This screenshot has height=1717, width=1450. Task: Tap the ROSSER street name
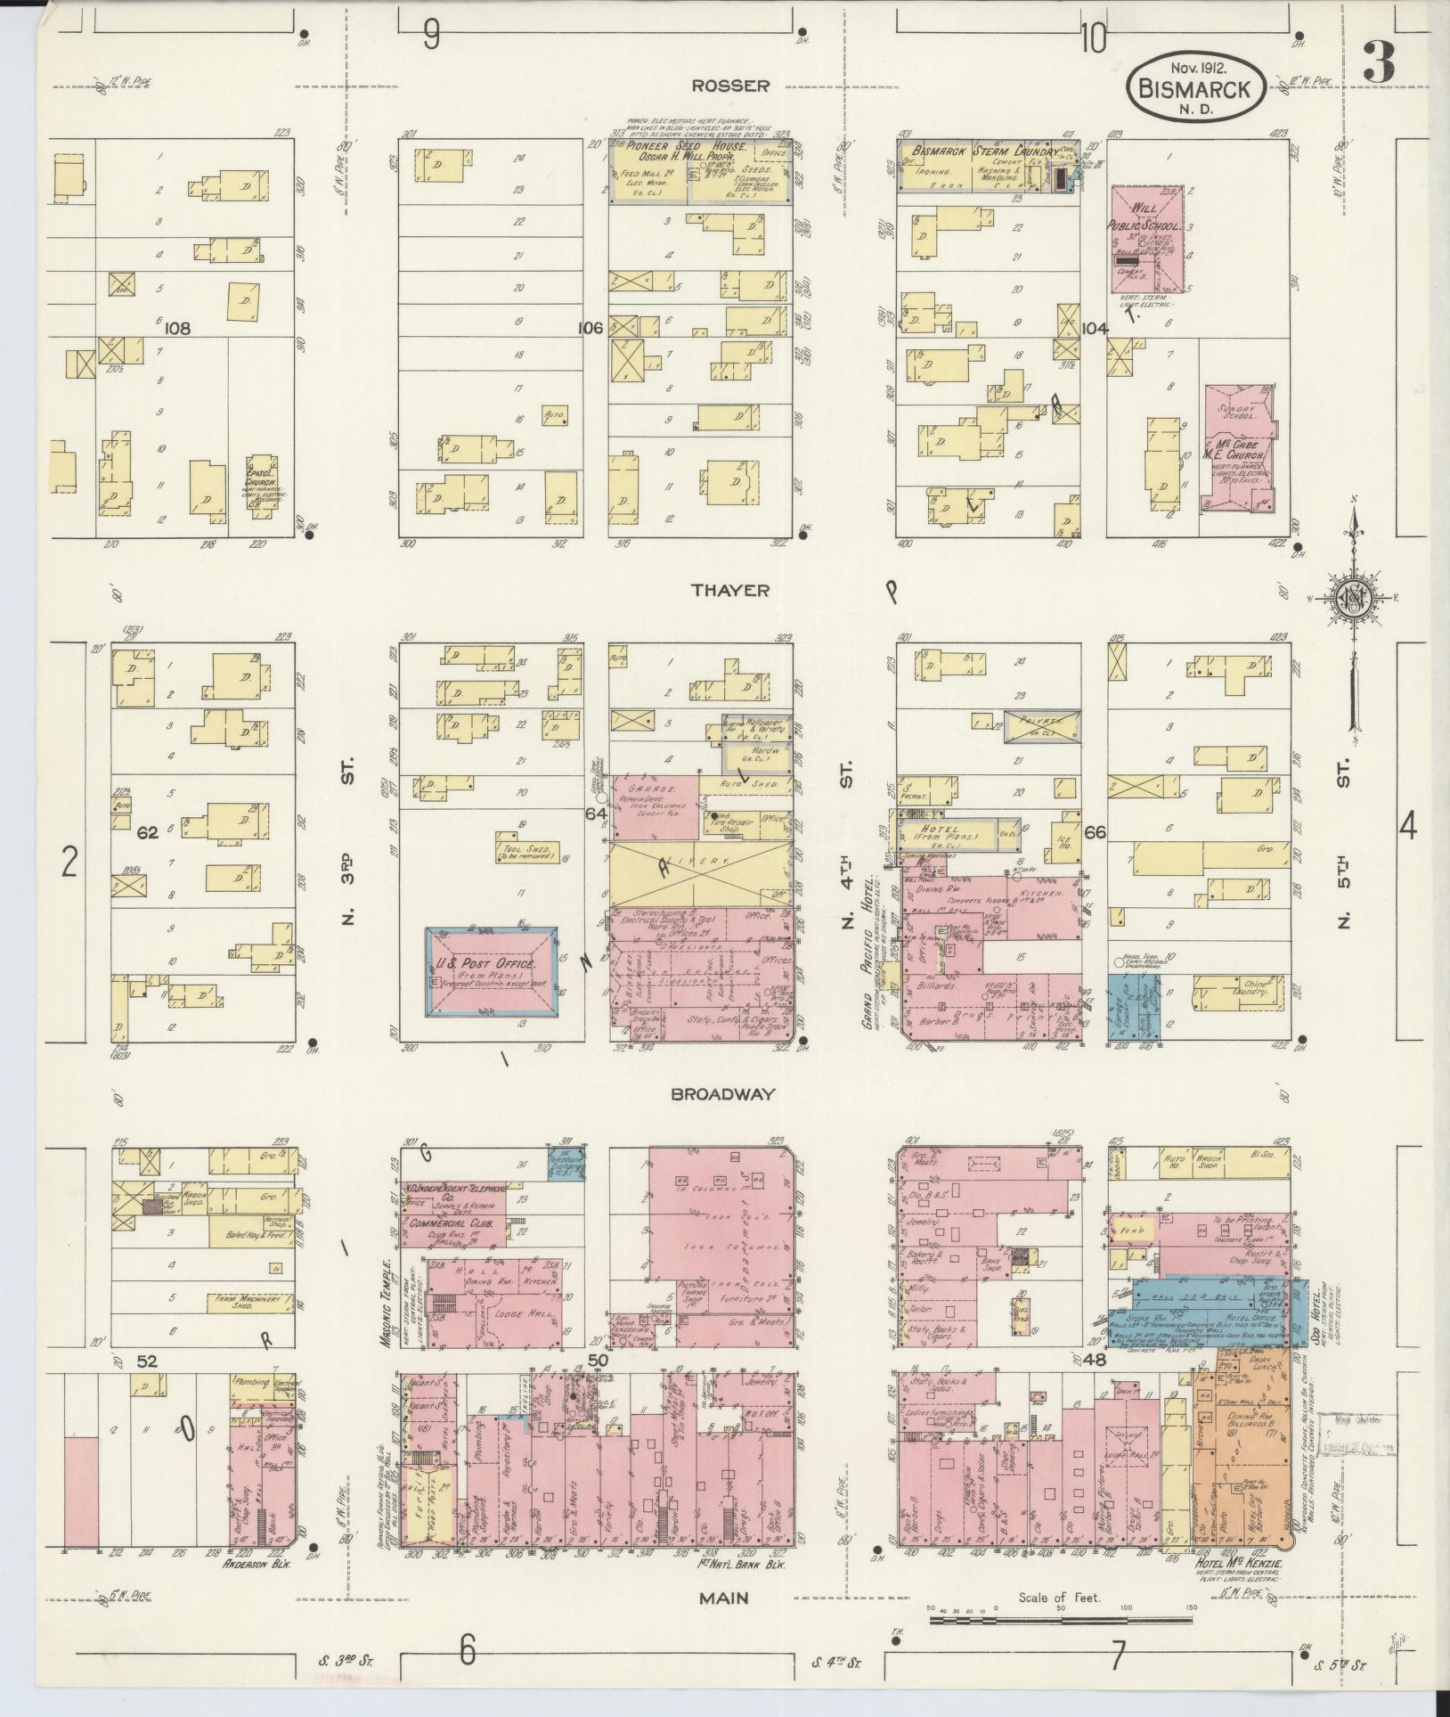point(731,86)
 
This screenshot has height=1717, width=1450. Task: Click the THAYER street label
point(732,590)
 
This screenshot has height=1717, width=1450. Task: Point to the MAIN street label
point(723,1598)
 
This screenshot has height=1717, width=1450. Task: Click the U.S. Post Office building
point(492,974)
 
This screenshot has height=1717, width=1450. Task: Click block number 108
point(177,328)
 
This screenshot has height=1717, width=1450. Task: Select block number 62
point(148,832)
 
